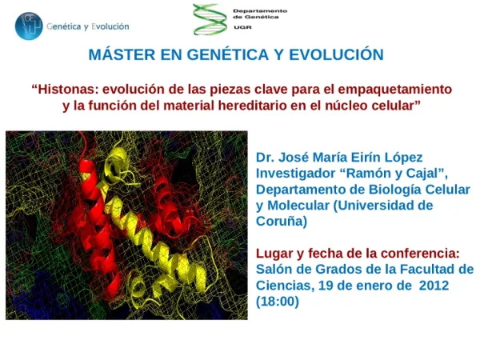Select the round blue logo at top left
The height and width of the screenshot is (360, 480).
tap(29, 26)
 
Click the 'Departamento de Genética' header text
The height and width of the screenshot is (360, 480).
tap(259, 14)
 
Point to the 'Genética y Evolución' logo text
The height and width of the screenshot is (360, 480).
tap(82, 26)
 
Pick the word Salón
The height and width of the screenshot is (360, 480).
tap(274, 270)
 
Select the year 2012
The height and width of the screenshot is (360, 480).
tap(434, 286)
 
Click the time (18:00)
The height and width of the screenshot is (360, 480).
tap(277, 302)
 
